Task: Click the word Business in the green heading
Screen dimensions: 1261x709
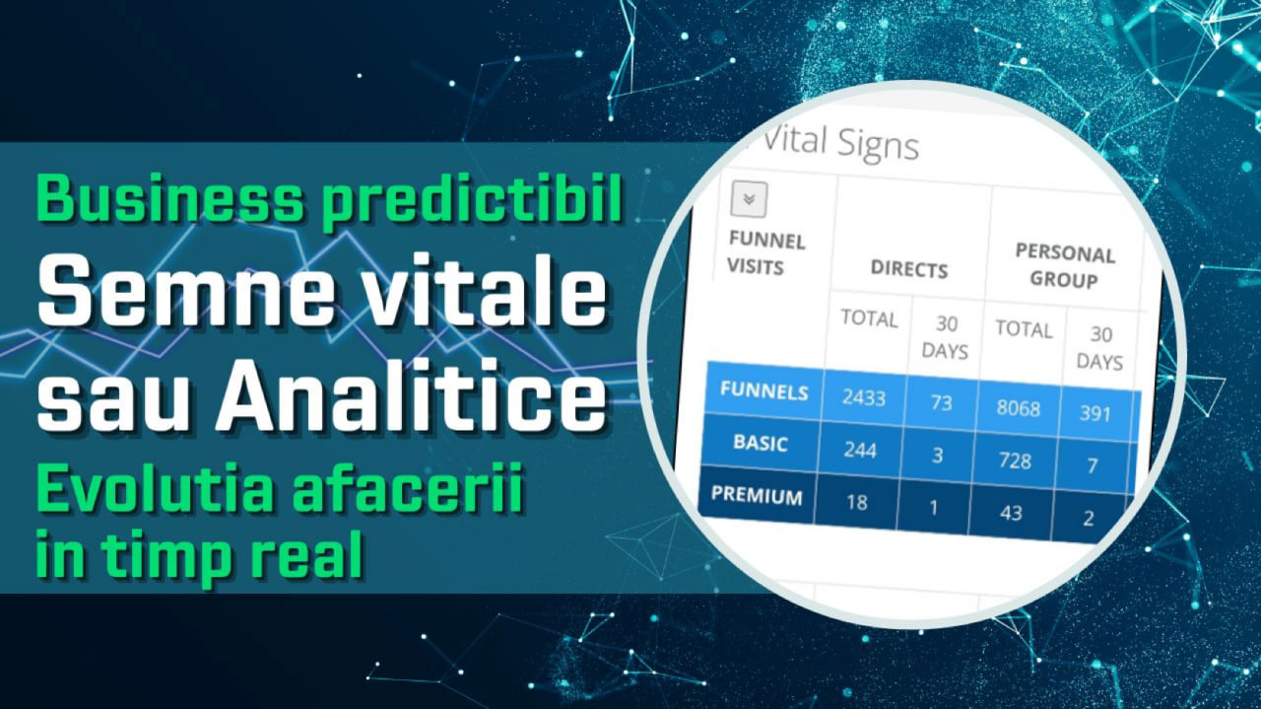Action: (170, 198)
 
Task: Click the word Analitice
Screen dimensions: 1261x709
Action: (412, 396)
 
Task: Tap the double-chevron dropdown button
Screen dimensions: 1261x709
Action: (749, 199)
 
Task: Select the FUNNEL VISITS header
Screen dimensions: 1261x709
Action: (766, 253)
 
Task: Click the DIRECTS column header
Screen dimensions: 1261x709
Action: (909, 269)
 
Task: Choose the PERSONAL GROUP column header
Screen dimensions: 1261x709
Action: (1064, 265)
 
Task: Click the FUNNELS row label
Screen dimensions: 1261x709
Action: (763, 390)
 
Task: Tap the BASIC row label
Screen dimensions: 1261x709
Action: (760, 443)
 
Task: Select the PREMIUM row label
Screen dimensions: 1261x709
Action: (757, 495)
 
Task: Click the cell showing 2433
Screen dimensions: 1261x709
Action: (864, 398)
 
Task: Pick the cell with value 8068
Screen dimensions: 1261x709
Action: (1018, 408)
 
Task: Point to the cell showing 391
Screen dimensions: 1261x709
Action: (1095, 414)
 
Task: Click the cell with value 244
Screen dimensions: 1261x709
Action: (860, 450)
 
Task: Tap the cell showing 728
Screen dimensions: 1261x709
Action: (1015, 461)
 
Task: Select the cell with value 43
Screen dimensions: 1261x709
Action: (1011, 513)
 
